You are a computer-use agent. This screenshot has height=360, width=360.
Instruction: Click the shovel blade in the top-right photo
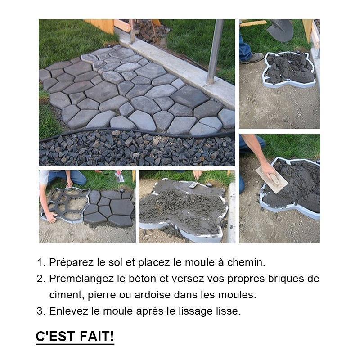pyautogui.click(x=280, y=30)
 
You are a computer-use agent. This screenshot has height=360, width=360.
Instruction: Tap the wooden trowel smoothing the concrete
pyautogui.click(x=272, y=180)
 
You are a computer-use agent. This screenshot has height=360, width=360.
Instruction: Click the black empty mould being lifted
pyautogui.click(x=67, y=204)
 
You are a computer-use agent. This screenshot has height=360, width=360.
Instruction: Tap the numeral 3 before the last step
pyautogui.click(x=40, y=311)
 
